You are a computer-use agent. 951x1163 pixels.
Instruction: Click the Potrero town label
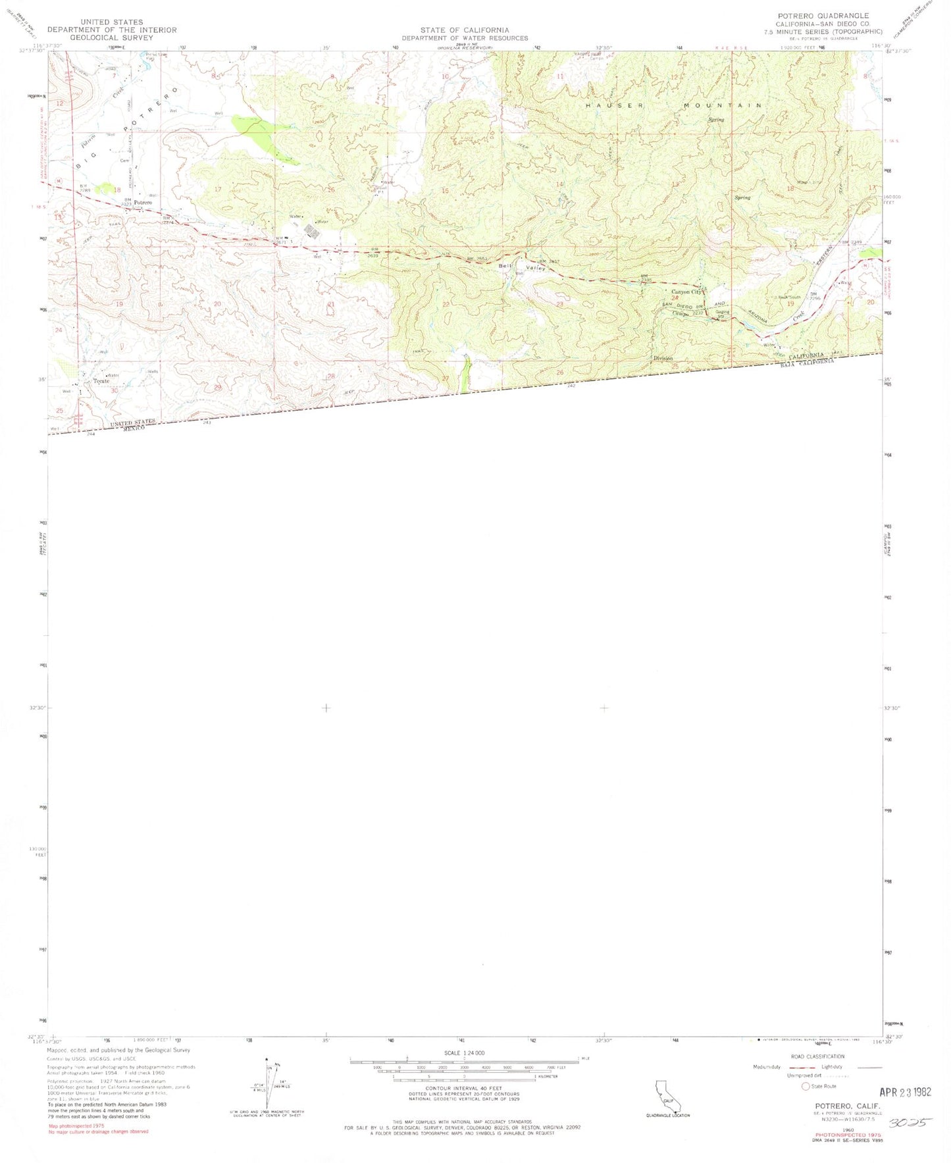coord(143,202)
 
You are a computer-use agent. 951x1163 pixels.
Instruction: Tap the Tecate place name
coord(101,381)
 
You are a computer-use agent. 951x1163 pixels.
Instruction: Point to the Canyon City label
coord(686,292)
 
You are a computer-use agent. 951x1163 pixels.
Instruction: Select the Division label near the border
coord(663,358)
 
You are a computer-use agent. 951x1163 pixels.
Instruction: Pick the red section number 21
coord(330,304)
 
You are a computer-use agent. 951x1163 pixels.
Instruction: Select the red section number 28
coord(331,376)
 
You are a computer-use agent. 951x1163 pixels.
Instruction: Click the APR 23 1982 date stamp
coord(905,1092)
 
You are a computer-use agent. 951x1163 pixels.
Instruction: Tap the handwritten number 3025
coord(910,1122)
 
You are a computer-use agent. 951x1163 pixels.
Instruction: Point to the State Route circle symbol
coord(805,1086)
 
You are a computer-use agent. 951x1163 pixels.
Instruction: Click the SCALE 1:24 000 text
coord(464,1053)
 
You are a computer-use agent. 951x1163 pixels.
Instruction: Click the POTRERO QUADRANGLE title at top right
coord(823,16)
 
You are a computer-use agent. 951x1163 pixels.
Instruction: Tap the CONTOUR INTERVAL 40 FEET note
coord(464,1088)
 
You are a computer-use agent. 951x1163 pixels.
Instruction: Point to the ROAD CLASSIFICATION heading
coord(817,1056)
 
